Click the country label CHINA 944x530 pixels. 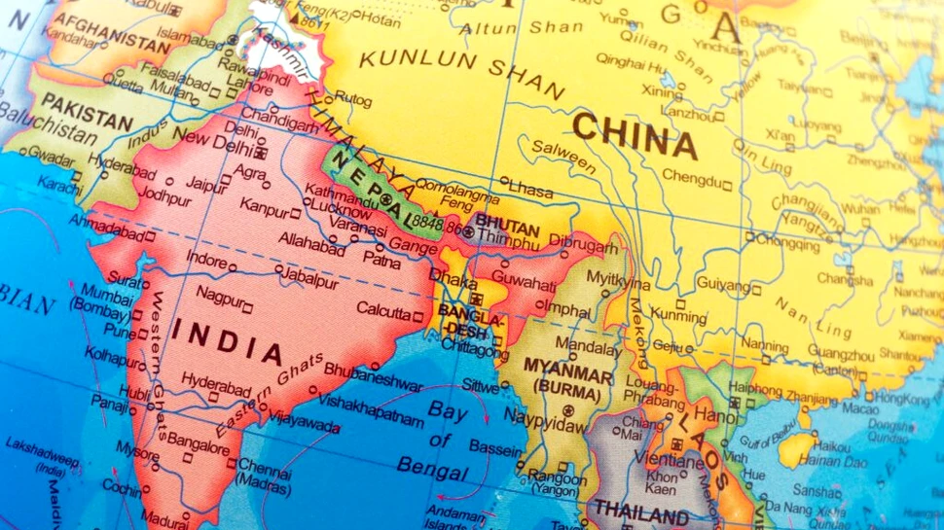[x=635, y=136]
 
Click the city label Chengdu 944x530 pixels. [x=692, y=177]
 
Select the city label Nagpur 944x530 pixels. [x=220, y=293]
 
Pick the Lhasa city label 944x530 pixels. [x=531, y=188]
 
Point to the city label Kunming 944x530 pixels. [x=678, y=316]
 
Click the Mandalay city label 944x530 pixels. [x=587, y=345]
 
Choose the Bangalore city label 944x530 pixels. [x=198, y=438]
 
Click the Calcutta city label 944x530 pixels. [x=383, y=312]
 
